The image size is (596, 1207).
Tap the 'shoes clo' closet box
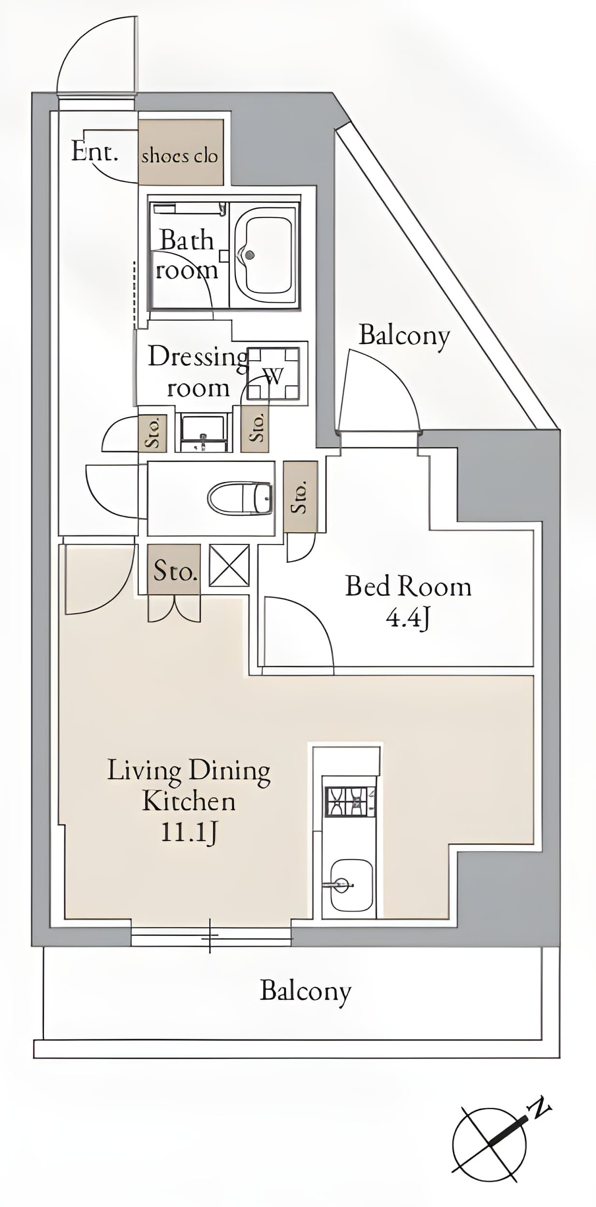point(181,152)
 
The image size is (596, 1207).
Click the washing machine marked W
point(273,373)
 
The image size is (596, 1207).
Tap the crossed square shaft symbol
point(229,565)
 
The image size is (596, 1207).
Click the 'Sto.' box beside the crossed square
point(174,570)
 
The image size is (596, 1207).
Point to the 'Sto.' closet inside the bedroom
point(300,497)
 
